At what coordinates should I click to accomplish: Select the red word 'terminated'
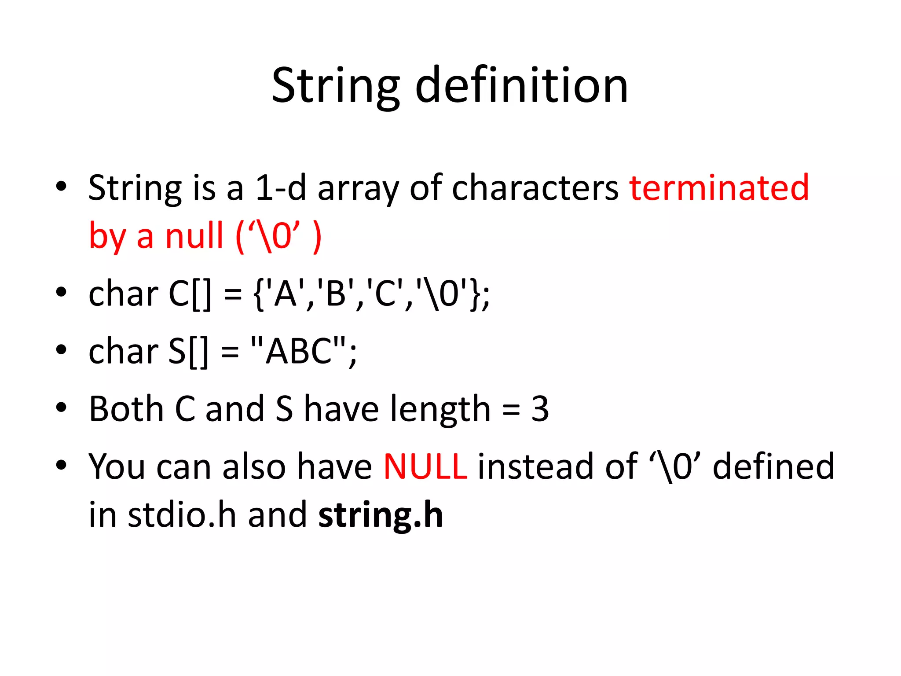point(719,187)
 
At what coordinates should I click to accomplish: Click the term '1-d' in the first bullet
point(280,188)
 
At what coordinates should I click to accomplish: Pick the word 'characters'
point(535,188)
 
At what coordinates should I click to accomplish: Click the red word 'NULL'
point(425,467)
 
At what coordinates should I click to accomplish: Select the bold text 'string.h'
point(381,515)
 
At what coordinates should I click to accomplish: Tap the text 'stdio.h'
point(182,514)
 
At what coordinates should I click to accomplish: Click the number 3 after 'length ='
point(540,409)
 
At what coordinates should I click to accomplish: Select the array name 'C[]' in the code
point(190,294)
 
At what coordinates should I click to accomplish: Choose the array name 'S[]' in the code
point(188,352)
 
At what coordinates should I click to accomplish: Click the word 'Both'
point(126,409)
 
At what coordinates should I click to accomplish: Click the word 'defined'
point(773,467)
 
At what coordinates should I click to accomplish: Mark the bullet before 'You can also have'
point(61,465)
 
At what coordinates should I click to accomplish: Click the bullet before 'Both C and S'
point(61,408)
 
